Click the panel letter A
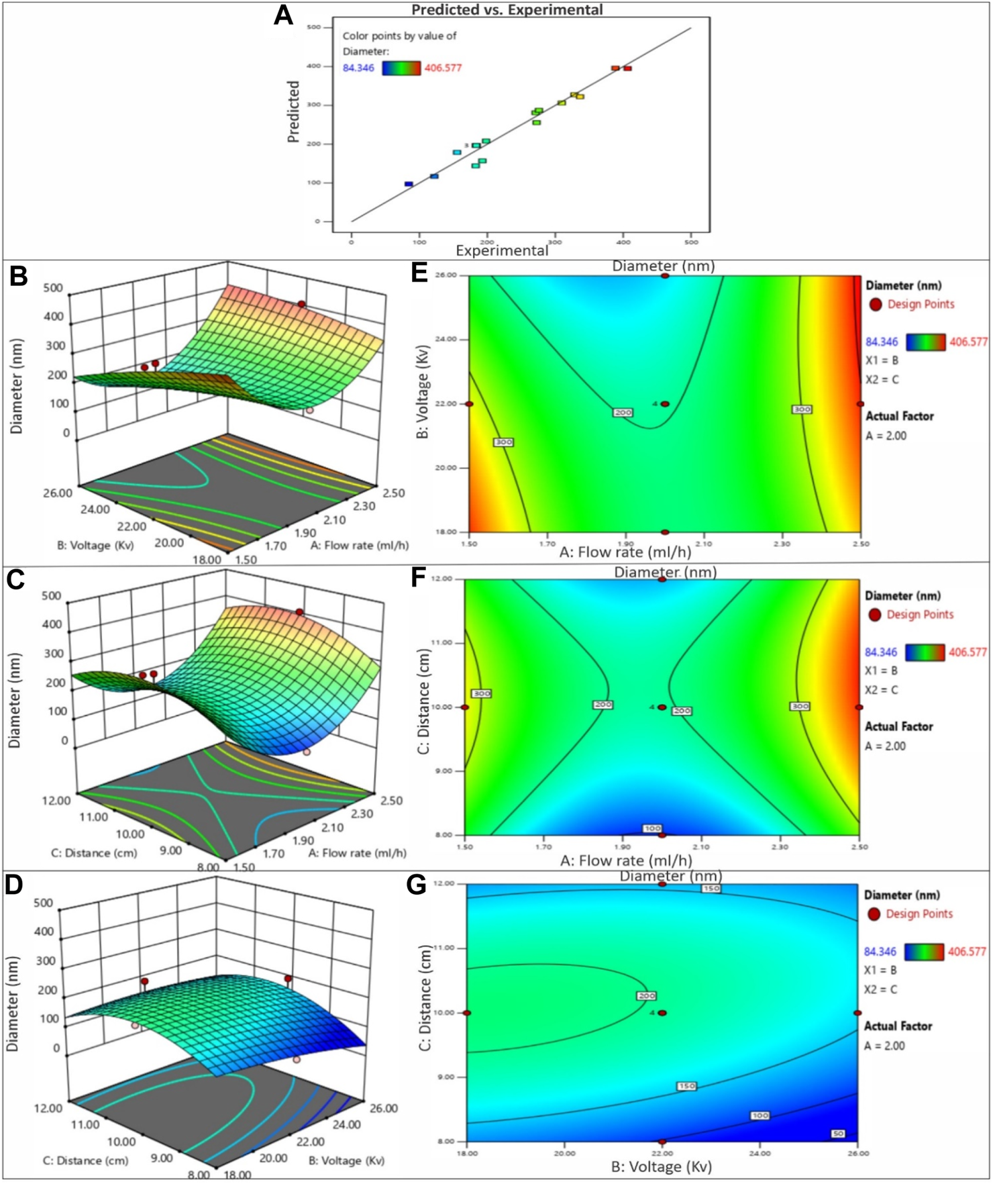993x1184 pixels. (283, 15)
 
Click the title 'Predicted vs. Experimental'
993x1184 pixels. (507, 9)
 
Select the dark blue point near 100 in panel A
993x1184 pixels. (409, 184)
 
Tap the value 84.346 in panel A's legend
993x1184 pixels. (358, 68)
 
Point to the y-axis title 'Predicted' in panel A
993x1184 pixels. (293, 111)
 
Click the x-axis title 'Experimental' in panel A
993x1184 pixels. (502, 250)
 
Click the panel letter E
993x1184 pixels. (419, 273)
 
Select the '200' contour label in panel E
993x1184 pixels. (623, 412)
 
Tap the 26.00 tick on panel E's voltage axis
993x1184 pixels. (445, 275)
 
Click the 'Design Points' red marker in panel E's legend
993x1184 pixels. (876, 305)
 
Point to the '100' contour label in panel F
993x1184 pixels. (652, 828)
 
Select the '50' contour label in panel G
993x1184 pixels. (838, 1134)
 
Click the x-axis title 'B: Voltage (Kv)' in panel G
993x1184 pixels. (661, 1167)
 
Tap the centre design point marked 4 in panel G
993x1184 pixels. (662, 1013)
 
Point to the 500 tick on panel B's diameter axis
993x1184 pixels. (52, 288)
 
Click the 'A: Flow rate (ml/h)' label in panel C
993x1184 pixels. (357, 853)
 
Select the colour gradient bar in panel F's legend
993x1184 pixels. (925, 652)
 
